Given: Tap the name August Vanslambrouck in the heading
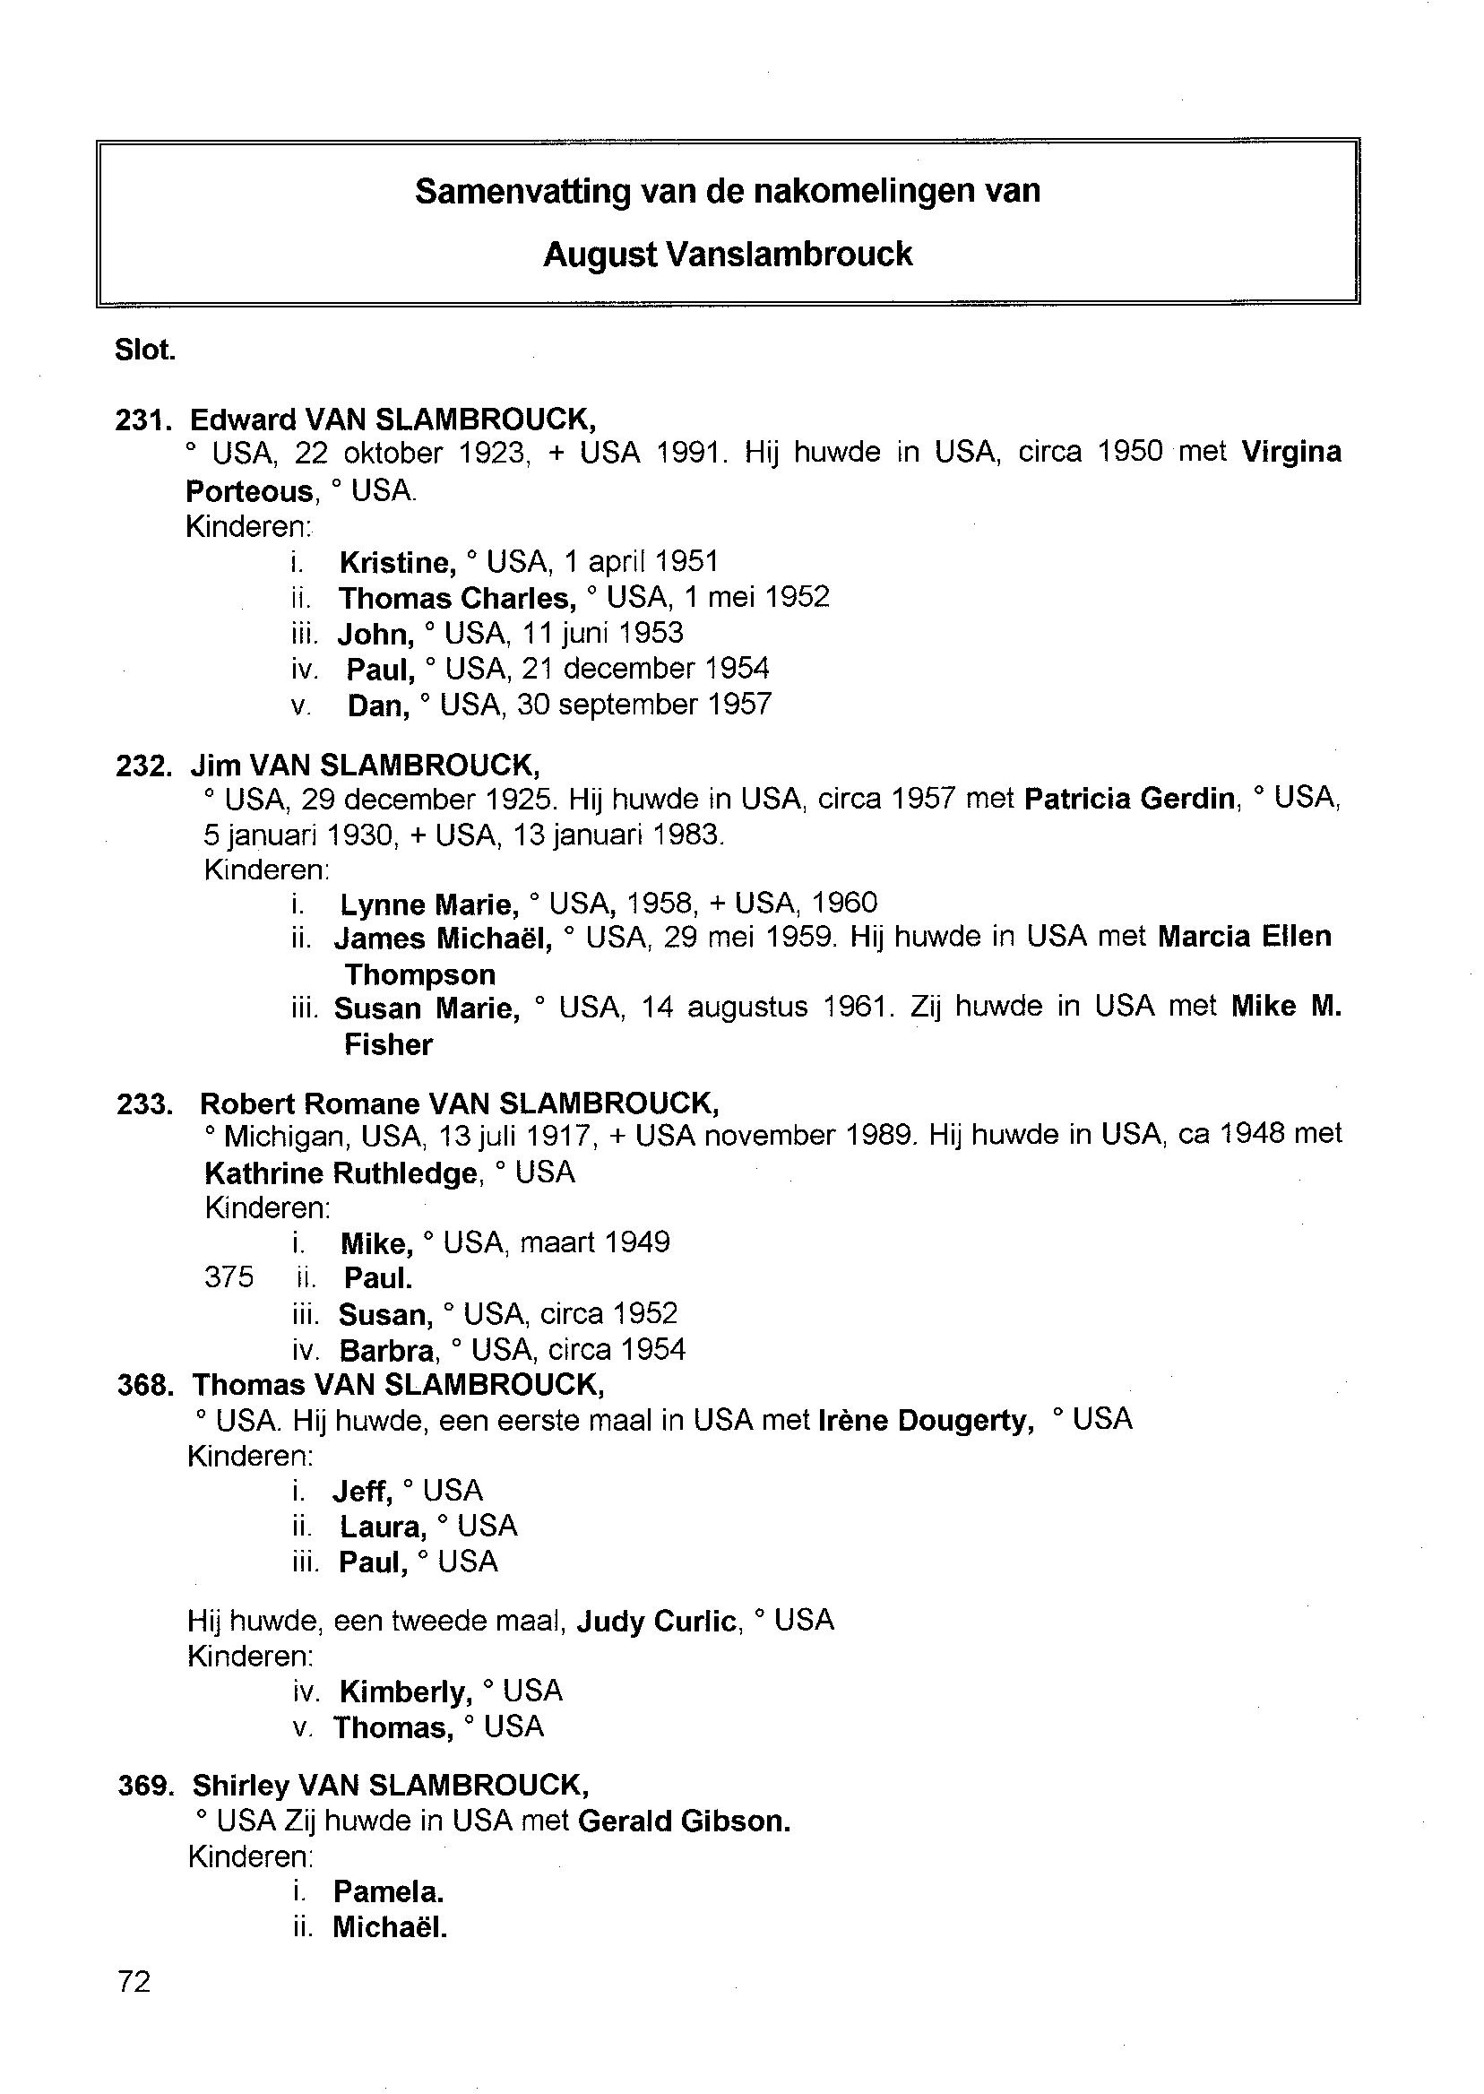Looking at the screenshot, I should pyautogui.click(x=728, y=254).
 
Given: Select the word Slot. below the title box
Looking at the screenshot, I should pyautogui.click(x=145, y=350).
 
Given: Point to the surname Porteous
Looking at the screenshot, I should pyautogui.click(x=249, y=492).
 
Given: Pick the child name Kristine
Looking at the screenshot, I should pyautogui.click(x=397, y=562).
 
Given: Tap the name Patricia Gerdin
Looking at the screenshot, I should pyautogui.click(x=1129, y=799).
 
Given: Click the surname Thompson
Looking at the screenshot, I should pyautogui.click(x=419, y=974).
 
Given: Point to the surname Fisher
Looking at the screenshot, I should pyautogui.click(x=388, y=1044).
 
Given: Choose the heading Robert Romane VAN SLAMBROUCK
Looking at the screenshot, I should pyautogui.click(x=459, y=1104).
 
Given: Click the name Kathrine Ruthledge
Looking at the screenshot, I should pyautogui.click(x=341, y=1172).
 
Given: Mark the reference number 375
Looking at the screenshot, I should pyautogui.click(x=229, y=1277).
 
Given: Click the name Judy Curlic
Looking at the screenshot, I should pyautogui.click(x=656, y=1622).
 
